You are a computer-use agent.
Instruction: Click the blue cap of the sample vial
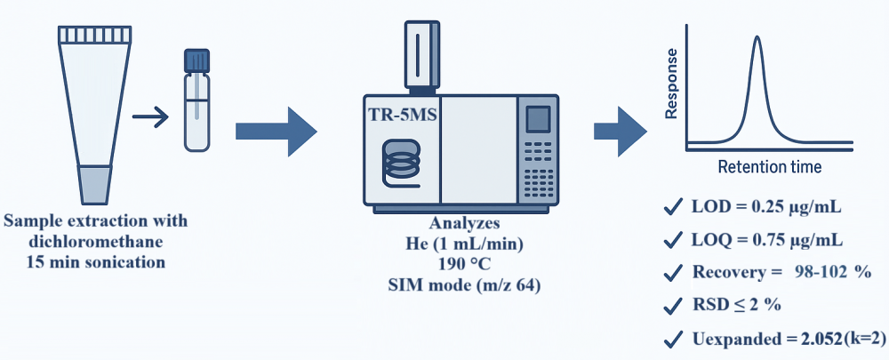pyautogui.click(x=196, y=60)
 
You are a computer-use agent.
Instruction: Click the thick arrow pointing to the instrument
pyautogui.click(x=276, y=132)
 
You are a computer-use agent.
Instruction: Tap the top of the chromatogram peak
pyautogui.click(x=757, y=37)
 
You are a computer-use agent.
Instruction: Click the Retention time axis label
pyautogui.click(x=769, y=166)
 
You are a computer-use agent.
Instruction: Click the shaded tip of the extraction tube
pyautogui.click(x=93, y=183)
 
